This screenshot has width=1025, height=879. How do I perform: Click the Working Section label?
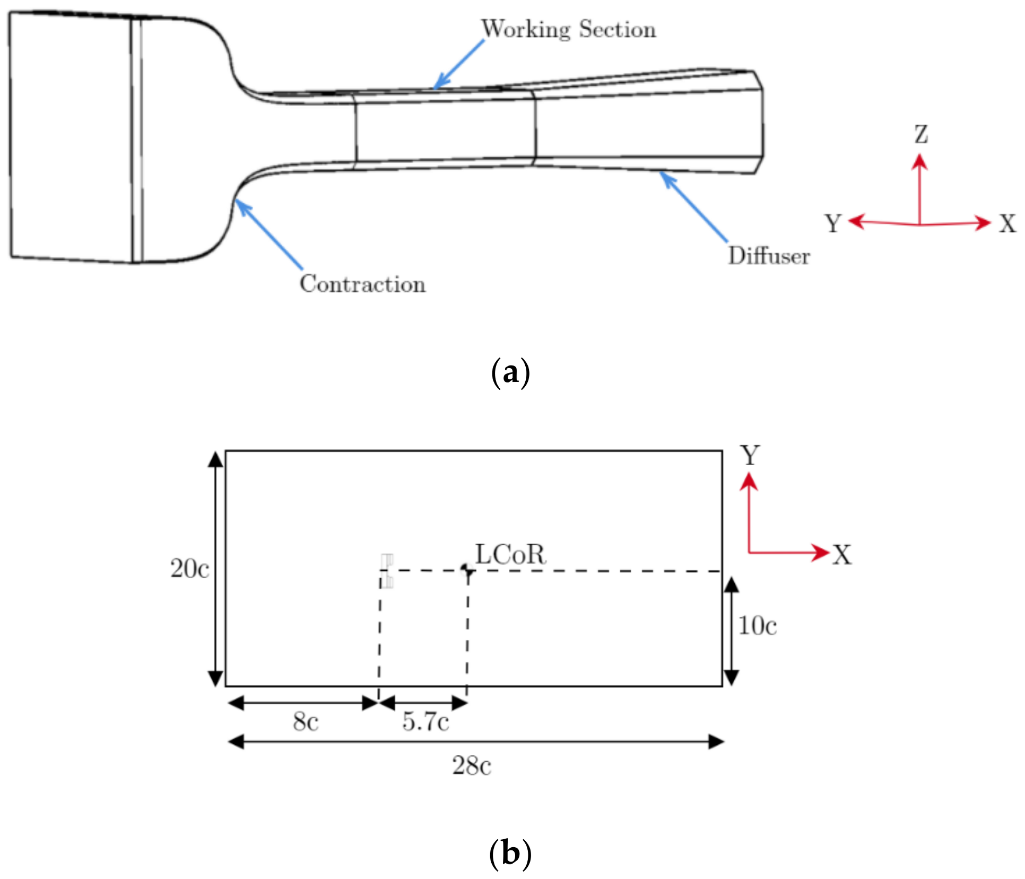click(568, 29)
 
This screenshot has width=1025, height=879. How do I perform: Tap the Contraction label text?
click(362, 284)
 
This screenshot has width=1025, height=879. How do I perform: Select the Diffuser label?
click(769, 256)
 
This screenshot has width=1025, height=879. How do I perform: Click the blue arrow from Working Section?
click(459, 64)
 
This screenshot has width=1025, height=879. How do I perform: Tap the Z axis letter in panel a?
click(921, 134)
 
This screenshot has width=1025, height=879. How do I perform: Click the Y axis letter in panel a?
click(833, 223)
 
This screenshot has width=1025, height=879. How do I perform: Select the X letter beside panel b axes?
click(842, 555)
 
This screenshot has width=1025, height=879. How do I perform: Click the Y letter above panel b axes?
click(750, 455)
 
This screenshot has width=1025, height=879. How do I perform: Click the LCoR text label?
click(510, 554)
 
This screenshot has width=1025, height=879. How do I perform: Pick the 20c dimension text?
click(189, 569)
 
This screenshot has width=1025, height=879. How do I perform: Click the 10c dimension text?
click(758, 626)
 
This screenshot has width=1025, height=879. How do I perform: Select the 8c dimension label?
click(306, 722)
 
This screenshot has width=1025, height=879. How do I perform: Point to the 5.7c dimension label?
click(425, 722)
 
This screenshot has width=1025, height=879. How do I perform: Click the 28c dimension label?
click(472, 765)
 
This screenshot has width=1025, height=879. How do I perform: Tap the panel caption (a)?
click(510, 372)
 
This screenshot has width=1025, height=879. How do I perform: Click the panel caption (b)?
click(510, 853)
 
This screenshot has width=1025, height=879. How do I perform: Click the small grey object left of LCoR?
click(387, 571)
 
